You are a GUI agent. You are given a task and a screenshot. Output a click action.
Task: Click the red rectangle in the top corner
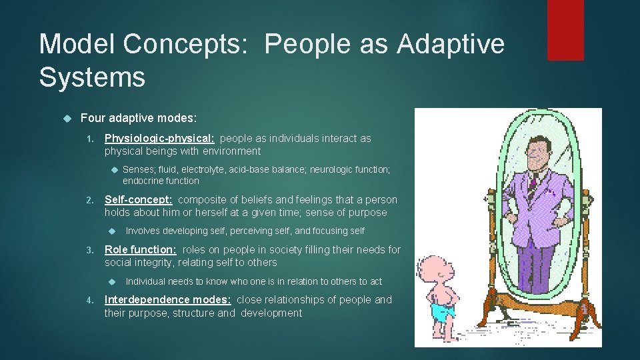coord(565,30)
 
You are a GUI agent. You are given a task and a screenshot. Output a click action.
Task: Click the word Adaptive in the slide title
coord(451,45)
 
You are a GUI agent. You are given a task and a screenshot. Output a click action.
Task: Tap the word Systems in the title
coord(92,77)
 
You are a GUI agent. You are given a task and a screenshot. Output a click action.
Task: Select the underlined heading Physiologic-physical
coord(159,139)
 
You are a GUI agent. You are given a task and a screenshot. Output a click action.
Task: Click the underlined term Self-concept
coord(139,200)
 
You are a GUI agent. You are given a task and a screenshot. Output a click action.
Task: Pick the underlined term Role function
coord(141,249)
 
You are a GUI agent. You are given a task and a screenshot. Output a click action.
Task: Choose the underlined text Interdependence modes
coord(168,300)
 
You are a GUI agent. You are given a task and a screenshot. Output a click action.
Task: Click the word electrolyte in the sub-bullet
coord(201,170)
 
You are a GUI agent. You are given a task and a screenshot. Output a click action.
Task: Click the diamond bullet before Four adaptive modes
coord(66,119)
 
